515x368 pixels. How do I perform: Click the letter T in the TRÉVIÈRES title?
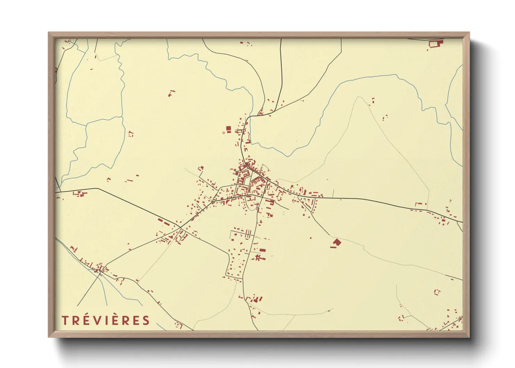[x=65, y=320]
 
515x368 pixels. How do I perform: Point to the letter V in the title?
[x=96, y=320]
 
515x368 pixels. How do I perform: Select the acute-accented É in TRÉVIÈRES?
[x=86, y=320]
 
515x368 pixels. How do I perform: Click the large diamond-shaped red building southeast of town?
[x=336, y=242]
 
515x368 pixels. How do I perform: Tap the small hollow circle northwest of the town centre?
[x=223, y=133]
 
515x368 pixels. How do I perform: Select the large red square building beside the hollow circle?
[x=228, y=129]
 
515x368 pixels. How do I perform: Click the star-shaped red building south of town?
[x=258, y=258]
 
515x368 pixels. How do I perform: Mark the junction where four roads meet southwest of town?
[x=180, y=228]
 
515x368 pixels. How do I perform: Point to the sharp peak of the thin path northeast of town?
[x=358, y=97]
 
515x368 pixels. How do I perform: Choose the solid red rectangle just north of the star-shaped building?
[x=262, y=250]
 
